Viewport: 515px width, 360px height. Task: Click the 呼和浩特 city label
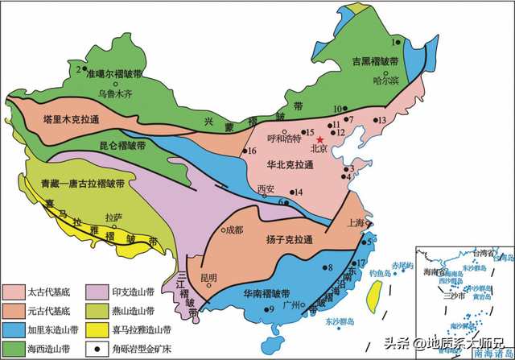(282, 138)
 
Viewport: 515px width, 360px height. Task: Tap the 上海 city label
(355, 222)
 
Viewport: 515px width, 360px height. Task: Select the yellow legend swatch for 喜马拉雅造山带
(105, 329)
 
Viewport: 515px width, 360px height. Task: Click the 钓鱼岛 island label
(377, 273)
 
